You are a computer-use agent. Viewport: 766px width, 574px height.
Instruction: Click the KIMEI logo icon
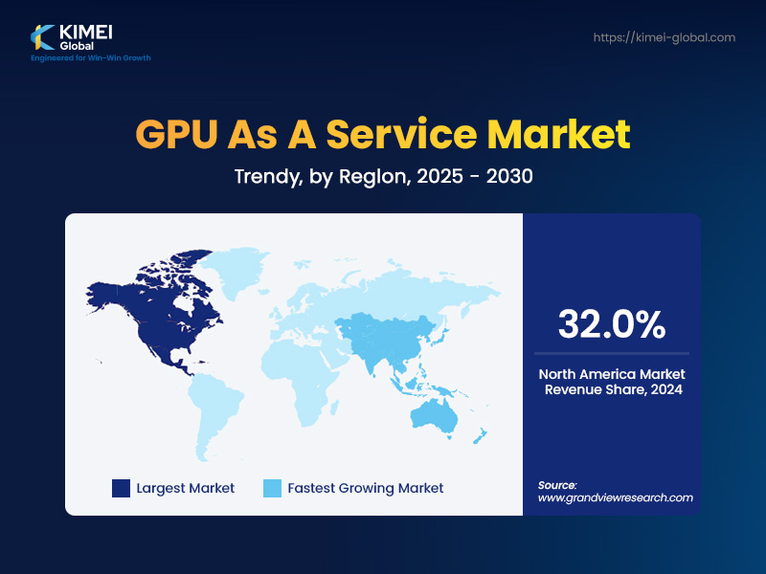tap(43, 35)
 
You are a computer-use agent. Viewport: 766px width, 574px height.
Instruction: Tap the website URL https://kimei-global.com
tap(664, 37)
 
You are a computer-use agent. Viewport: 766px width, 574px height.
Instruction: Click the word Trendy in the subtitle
tap(264, 177)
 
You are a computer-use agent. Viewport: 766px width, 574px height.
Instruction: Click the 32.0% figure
tap(611, 324)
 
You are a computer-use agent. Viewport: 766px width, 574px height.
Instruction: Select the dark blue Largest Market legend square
tap(121, 488)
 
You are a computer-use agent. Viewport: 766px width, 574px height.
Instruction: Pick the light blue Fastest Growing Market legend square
tap(272, 488)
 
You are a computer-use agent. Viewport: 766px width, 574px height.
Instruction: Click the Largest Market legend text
tap(185, 488)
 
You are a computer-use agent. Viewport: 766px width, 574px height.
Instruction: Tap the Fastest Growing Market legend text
tap(365, 488)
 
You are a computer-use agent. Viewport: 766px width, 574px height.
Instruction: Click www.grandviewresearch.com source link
tap(615, 497)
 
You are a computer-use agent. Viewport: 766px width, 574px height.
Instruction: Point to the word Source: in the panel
tap(557, 485)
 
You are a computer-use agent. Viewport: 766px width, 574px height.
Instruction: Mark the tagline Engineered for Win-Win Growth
tap(91, 58)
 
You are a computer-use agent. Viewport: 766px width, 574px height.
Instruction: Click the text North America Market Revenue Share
tap(611, 382)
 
